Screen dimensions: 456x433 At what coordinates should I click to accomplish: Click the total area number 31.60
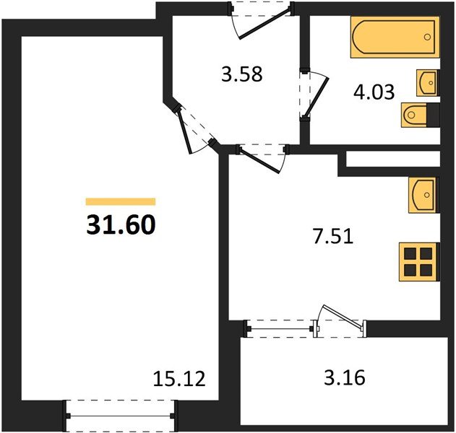click(x=121, y=224)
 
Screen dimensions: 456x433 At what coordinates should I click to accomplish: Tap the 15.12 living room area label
click(x=179, y=379)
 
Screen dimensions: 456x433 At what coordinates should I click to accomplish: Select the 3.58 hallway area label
click(x=242, y=74)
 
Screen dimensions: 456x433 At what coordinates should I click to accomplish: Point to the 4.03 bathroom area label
click(x=374, y=92)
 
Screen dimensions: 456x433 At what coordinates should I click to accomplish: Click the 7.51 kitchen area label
click(x=333, y=236)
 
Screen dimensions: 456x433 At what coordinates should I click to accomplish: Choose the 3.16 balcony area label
click(x=345, y=377)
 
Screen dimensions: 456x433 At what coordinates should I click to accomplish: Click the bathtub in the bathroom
click(x=395, y=38)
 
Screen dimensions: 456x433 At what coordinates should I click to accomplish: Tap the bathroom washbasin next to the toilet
click(x=428, y=83)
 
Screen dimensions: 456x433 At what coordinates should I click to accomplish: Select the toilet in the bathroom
click(x=421, y=115)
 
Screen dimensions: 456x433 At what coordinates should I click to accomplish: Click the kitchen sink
click(x=424, y=195)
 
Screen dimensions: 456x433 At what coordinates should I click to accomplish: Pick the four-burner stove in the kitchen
click(x=419, y=262)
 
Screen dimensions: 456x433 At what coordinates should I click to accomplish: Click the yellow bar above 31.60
click(x=121, y=201)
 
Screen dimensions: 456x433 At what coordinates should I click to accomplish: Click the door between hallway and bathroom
click(x=315, y=96)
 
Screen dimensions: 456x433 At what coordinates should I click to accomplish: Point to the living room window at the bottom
click(x=121, y=416)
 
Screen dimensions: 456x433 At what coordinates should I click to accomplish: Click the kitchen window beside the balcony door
click(x=280, y=329)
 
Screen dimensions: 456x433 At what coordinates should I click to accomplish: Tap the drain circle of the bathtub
click(x=427, y=38)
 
